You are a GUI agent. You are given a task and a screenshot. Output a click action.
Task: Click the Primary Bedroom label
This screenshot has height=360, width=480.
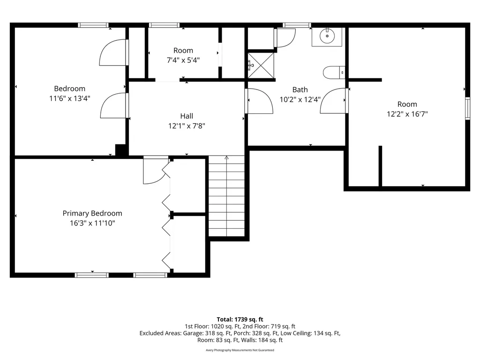92,213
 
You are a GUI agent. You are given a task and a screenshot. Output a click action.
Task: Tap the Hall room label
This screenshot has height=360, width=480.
187,116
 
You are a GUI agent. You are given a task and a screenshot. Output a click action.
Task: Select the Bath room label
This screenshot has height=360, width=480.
300,90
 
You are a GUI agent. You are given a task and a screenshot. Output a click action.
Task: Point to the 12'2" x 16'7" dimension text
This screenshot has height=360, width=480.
407,114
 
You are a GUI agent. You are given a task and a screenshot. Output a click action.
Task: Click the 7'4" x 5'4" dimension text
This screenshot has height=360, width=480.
183,60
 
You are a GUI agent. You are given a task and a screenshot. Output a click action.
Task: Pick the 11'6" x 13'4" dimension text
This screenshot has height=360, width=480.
70,98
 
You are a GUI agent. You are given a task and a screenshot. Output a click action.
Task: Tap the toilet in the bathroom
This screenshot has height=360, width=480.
334,73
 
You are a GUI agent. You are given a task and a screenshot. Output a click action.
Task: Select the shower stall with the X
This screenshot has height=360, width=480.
261,66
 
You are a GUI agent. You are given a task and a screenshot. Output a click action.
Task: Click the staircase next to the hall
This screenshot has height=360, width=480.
226,196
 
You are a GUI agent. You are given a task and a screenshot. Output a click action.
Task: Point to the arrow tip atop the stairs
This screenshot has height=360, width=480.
226,156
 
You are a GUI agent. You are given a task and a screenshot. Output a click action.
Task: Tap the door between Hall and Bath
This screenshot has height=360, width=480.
259,101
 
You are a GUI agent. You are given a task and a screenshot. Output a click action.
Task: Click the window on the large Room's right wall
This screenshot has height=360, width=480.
467,108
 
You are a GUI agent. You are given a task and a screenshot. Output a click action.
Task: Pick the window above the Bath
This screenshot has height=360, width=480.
297,25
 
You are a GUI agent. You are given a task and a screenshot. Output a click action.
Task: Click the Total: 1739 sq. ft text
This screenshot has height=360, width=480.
240,320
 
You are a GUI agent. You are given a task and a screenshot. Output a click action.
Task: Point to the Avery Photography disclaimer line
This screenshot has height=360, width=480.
240,350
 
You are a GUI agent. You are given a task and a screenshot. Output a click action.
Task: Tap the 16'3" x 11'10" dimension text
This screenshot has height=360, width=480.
92,223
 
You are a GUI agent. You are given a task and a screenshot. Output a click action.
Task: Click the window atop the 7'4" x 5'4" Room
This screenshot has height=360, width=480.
165,25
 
